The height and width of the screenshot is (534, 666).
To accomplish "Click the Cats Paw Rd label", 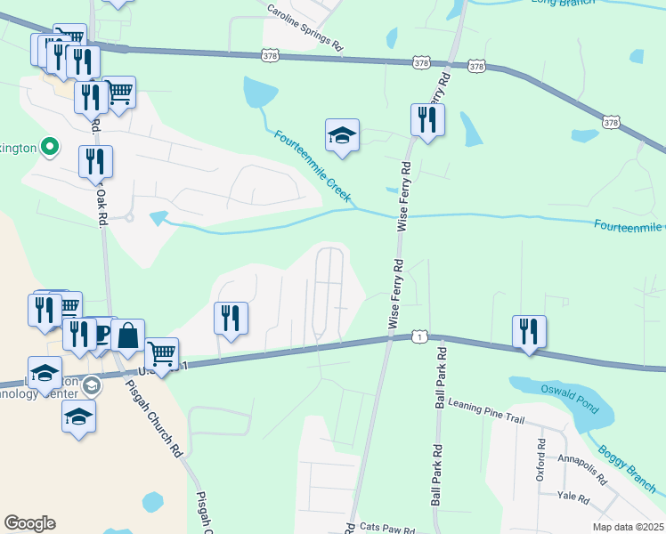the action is [x=388, y=527].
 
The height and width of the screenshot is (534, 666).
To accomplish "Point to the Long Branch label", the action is [x=561, y=3].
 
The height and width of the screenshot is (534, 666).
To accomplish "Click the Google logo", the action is [x=29, y=523].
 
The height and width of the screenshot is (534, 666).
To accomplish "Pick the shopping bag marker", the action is [x=128, y=336].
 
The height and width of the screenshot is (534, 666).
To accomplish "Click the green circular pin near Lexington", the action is [x=51, y=147].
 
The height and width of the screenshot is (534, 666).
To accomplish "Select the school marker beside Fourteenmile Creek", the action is [x=342, y=135].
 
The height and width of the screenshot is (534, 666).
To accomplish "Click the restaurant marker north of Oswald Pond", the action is [x=530, y=331].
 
